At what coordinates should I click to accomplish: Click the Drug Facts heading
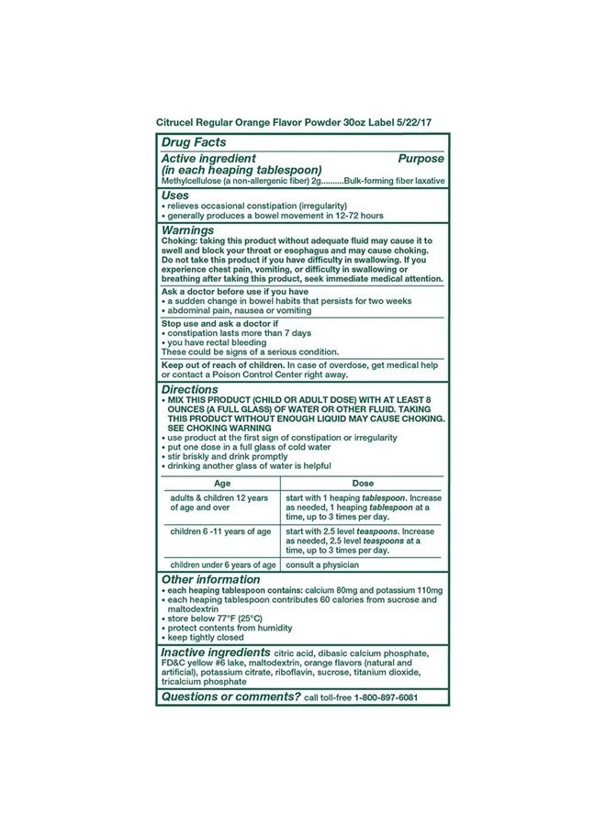(x=193, y=143)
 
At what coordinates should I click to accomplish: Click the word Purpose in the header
(x=421, y=159)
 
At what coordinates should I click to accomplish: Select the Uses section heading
(x=175, y=195)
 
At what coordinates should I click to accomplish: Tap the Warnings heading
(x=188, y=230)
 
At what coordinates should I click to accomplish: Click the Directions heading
(x=191, y=389)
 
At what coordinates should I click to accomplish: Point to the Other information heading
(x=210, y=580)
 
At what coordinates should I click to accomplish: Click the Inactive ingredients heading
(x=222, y=652)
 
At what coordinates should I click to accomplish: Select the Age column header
(x=222, y=483)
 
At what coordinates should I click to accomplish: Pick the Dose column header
(x=363, y=483)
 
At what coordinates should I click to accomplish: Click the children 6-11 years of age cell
(x=220, y=531)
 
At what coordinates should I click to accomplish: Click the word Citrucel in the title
(x=179, y=120)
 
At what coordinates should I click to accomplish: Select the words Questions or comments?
(x=230, y=697)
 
